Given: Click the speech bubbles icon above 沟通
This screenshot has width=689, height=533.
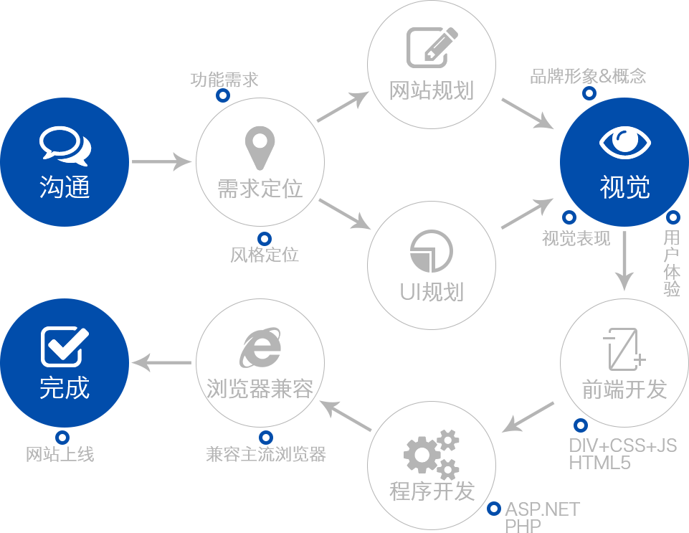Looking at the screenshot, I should [65, 145].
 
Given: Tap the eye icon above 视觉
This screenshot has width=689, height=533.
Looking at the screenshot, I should [624, 142].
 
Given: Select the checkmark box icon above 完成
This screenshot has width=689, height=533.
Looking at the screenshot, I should [65, 346].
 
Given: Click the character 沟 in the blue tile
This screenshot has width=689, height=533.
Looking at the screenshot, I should [52, 187].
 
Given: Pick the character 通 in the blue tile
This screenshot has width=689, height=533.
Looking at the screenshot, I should [77, 187].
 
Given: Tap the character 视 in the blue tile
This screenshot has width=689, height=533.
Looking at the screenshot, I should [612, 187].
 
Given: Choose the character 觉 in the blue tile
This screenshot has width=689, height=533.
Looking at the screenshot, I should [637, 187].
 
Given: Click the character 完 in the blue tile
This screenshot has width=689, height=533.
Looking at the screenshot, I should [52, 388].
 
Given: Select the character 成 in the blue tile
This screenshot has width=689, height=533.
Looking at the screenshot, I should [77, 388].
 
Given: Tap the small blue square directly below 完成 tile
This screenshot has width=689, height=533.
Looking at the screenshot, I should [62, 437].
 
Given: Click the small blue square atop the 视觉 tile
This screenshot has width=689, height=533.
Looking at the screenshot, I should [589, 91].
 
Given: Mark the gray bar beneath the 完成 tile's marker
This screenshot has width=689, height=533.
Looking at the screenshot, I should [60, 454].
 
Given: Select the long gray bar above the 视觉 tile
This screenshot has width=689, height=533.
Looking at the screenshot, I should [588, 75].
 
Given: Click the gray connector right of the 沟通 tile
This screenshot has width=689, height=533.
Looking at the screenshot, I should [162, 161].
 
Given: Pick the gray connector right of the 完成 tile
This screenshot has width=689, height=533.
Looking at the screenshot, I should [161, 363].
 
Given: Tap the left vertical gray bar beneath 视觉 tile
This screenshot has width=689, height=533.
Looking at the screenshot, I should [624, 261].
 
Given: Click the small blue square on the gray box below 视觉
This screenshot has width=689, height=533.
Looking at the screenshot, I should [580, 425].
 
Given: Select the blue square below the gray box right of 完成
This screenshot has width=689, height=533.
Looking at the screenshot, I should [265, 437].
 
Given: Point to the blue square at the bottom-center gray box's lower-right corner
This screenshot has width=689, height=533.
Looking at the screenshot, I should [493, 509].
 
